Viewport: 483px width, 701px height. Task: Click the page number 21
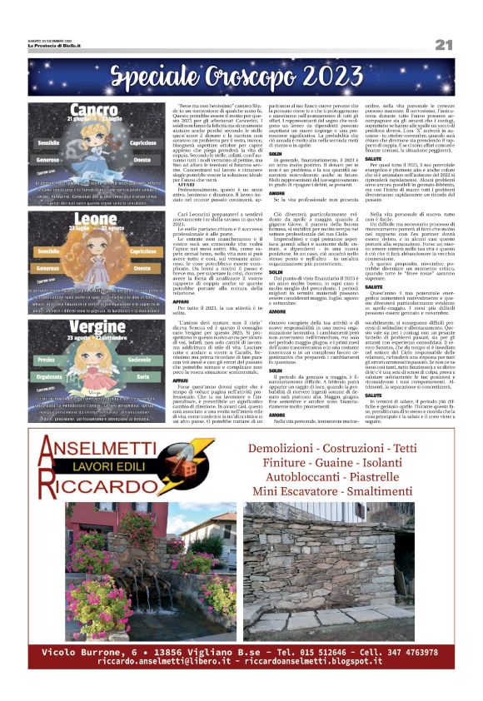(x=443, y=44)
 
